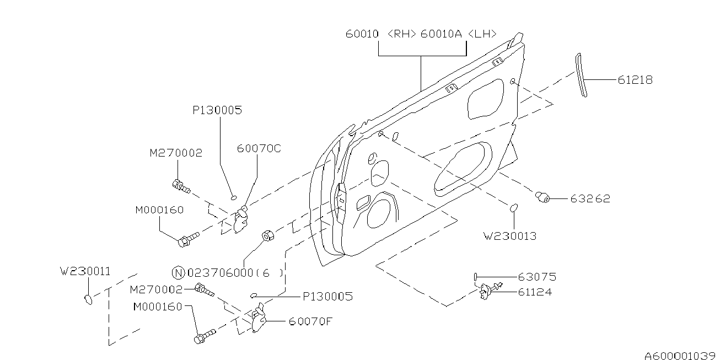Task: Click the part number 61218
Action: coord(635,80)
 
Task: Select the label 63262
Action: coord(590,199)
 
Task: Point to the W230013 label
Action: coord(510,236)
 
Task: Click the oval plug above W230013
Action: coord(513,207)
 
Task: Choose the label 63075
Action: coord(536,277)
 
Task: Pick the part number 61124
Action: coord(534,292)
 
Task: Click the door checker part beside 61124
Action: coord(488,290)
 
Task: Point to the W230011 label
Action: coord(85,271)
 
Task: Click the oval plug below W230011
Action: coord(87,299)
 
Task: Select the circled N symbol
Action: coord(178,272)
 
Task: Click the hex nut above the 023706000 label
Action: coord(267,236)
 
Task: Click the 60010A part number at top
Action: coord(442,34)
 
